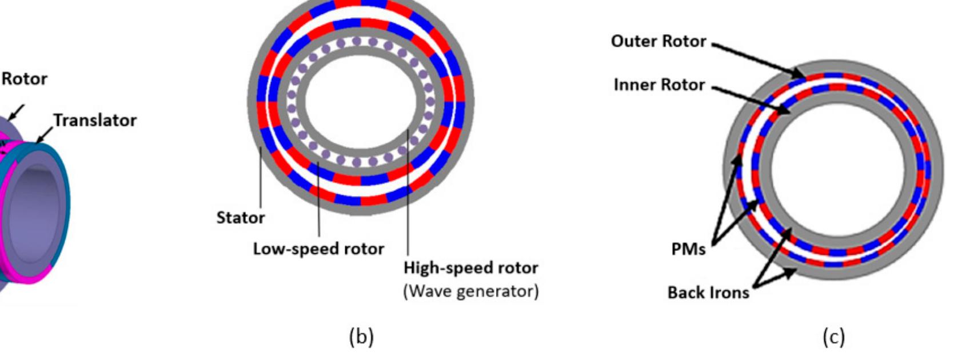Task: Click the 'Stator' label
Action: point(241,218)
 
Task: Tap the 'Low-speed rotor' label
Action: point(318,249)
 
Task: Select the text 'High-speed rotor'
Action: point(470,267)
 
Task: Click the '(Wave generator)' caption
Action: point(470,291)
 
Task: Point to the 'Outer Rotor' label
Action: point(658,42)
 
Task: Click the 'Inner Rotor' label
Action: point(659,85)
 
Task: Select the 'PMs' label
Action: point(688,250)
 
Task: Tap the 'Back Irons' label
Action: point(708,293)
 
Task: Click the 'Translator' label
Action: point(95,121)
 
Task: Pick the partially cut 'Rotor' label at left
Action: point(24,79)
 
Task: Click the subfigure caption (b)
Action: point(361,338)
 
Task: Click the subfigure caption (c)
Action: point(833,338)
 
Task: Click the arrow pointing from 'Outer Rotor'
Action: point(755,58)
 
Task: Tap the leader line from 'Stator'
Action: point(261,177)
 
